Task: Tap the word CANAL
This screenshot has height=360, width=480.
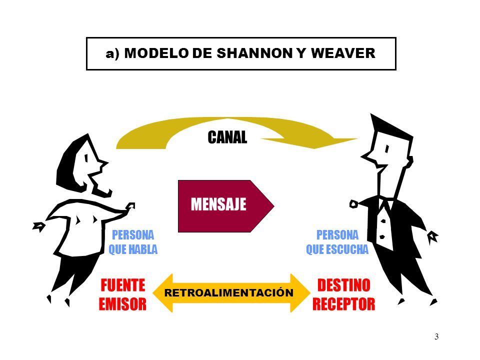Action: [x=227, y=137]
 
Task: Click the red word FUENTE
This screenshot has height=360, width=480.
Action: [x=123, y=285]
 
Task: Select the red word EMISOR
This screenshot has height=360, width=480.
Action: [x=123, y=303]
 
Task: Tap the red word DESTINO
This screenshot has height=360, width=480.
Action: [x=343, y=285]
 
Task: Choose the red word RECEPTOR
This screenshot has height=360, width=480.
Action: [x=343, y=303]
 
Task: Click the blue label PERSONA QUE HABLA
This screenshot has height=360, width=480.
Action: [x=132, y=242]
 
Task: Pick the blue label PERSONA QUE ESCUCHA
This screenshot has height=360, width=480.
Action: [x=336, y=242]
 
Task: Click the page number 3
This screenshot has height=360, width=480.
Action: [x=436, y=336]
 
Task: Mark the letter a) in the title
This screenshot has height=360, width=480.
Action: [x=113, y=54]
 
